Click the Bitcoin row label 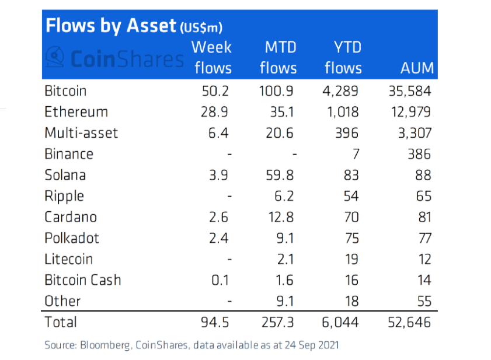[65, 91]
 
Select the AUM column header [417, 68]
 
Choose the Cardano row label [71, 217]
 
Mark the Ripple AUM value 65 [422, 196]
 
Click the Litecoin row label [68, 259]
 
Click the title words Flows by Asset [110, 26]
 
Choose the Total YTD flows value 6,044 [342, 322]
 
